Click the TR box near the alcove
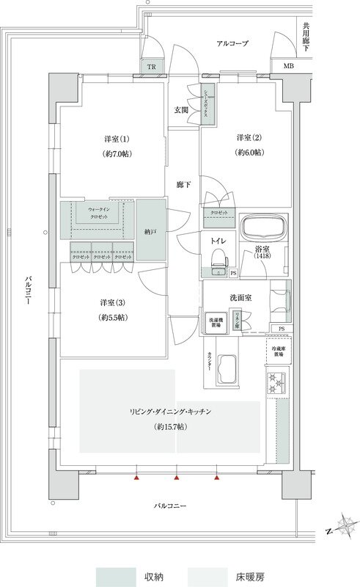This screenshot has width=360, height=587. pos(152,67)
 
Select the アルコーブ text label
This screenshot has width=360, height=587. pos(232,44)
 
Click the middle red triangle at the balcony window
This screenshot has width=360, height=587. pos(177,478)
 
